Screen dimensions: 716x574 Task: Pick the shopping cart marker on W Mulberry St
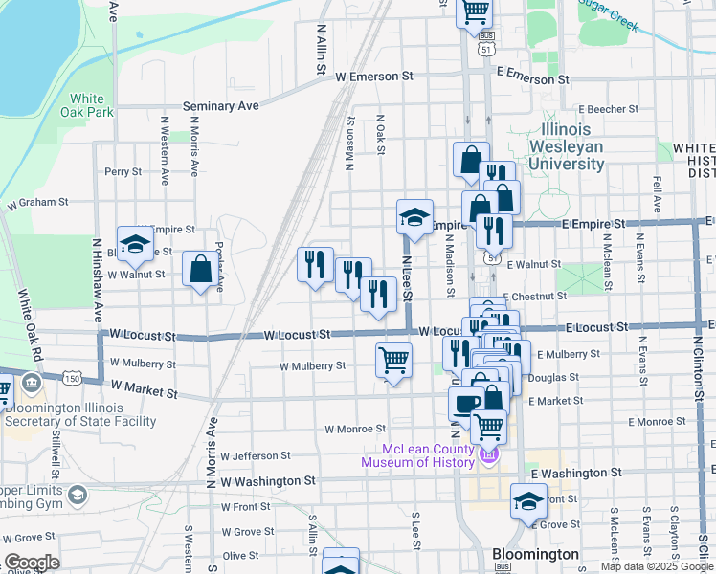tap(393, 361)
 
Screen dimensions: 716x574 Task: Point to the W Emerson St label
tap(372, 75)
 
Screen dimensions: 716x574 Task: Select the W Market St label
tap(144, 390)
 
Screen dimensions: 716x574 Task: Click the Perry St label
tap(123, 172)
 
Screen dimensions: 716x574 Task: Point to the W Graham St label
tap(37, 203)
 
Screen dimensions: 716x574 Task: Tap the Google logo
tap(32, 562)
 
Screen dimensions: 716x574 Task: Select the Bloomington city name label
tap(535, 555)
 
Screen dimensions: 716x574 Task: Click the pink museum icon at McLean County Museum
tap(488, 455)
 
